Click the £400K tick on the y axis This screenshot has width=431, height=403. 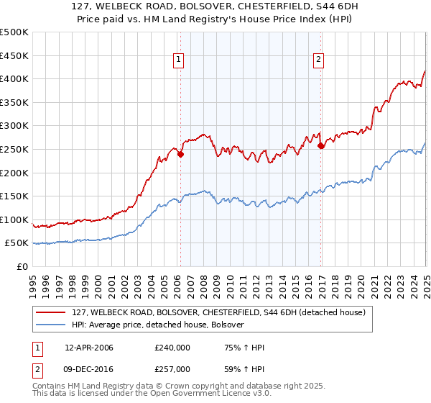[15, 79]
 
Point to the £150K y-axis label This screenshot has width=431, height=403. [15, 196]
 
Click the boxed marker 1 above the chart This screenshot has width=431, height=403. [177, 60]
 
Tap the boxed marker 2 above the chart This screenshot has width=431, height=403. [318, 60]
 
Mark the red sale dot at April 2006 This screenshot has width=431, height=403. [180, 154]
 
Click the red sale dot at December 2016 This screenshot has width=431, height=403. [321, 146]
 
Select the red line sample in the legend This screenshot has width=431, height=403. [51, 312]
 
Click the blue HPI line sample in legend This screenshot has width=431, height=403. [51, 325]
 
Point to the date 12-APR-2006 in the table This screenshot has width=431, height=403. [89, 348]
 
